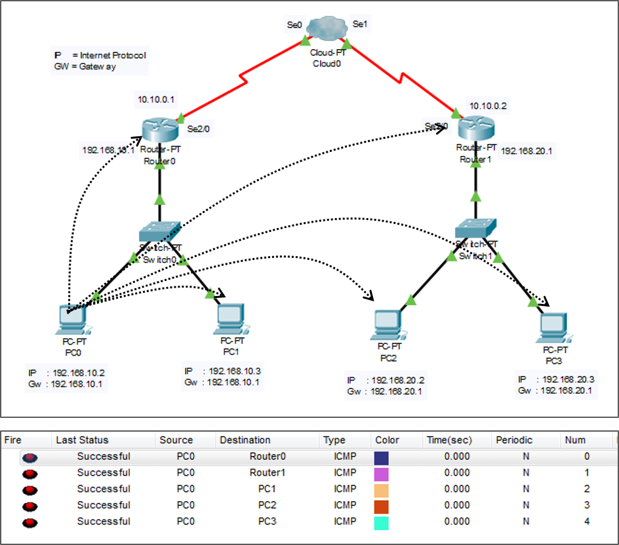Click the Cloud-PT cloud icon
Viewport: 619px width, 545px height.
pyautogui.click(x=326, y=29)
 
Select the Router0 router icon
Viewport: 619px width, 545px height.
pyautogui.click(x=159, y=130)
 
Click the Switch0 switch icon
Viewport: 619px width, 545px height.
pyautogui.click(x=160, y=231)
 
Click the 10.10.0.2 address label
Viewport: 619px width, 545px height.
pyautogui.click(x=488, y=105)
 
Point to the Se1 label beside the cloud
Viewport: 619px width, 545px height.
pyautogui.click(x=360, y=24)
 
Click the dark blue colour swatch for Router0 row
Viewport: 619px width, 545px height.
pyautogui.click(x=382, y=457)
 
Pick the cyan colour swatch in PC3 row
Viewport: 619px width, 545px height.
pyautogui.click(x=382, y=522)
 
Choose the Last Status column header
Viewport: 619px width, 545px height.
pyautogui.click(x=82, y=440)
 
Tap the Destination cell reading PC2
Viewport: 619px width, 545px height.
pyautogui.click(x=266, y=505)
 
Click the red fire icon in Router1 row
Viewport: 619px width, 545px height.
pyautogui.click(x=30, y=473)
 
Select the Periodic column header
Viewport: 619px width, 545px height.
pyautogui.click(x=514, y=440)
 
